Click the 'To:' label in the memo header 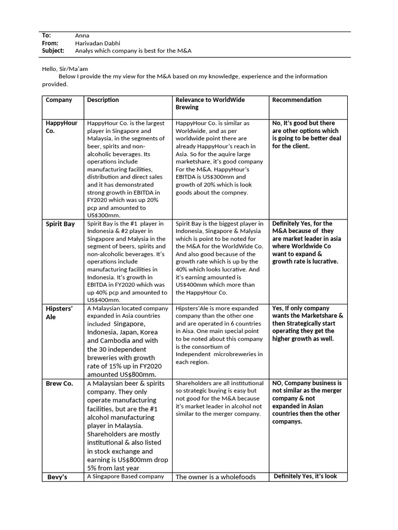[x=46, y=35]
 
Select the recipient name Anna [x=82, y=35]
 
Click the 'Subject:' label [x=53, y=51]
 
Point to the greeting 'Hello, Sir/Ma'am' [x=66, y=68]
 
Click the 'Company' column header [x=59, y=100]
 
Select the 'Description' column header [x=103, y=100]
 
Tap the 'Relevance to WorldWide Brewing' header [x=210, y=104]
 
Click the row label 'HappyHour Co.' [x=61, y=127]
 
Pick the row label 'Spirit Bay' [x=60, y=224]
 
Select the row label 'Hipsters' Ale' [x=59, y=313]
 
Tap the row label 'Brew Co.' [x=59, y=384]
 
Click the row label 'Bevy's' [x=58, y=477]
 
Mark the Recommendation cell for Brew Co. [x=306, y=402]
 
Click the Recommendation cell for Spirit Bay [x=306, y=242]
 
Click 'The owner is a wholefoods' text [x=216, y=477]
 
